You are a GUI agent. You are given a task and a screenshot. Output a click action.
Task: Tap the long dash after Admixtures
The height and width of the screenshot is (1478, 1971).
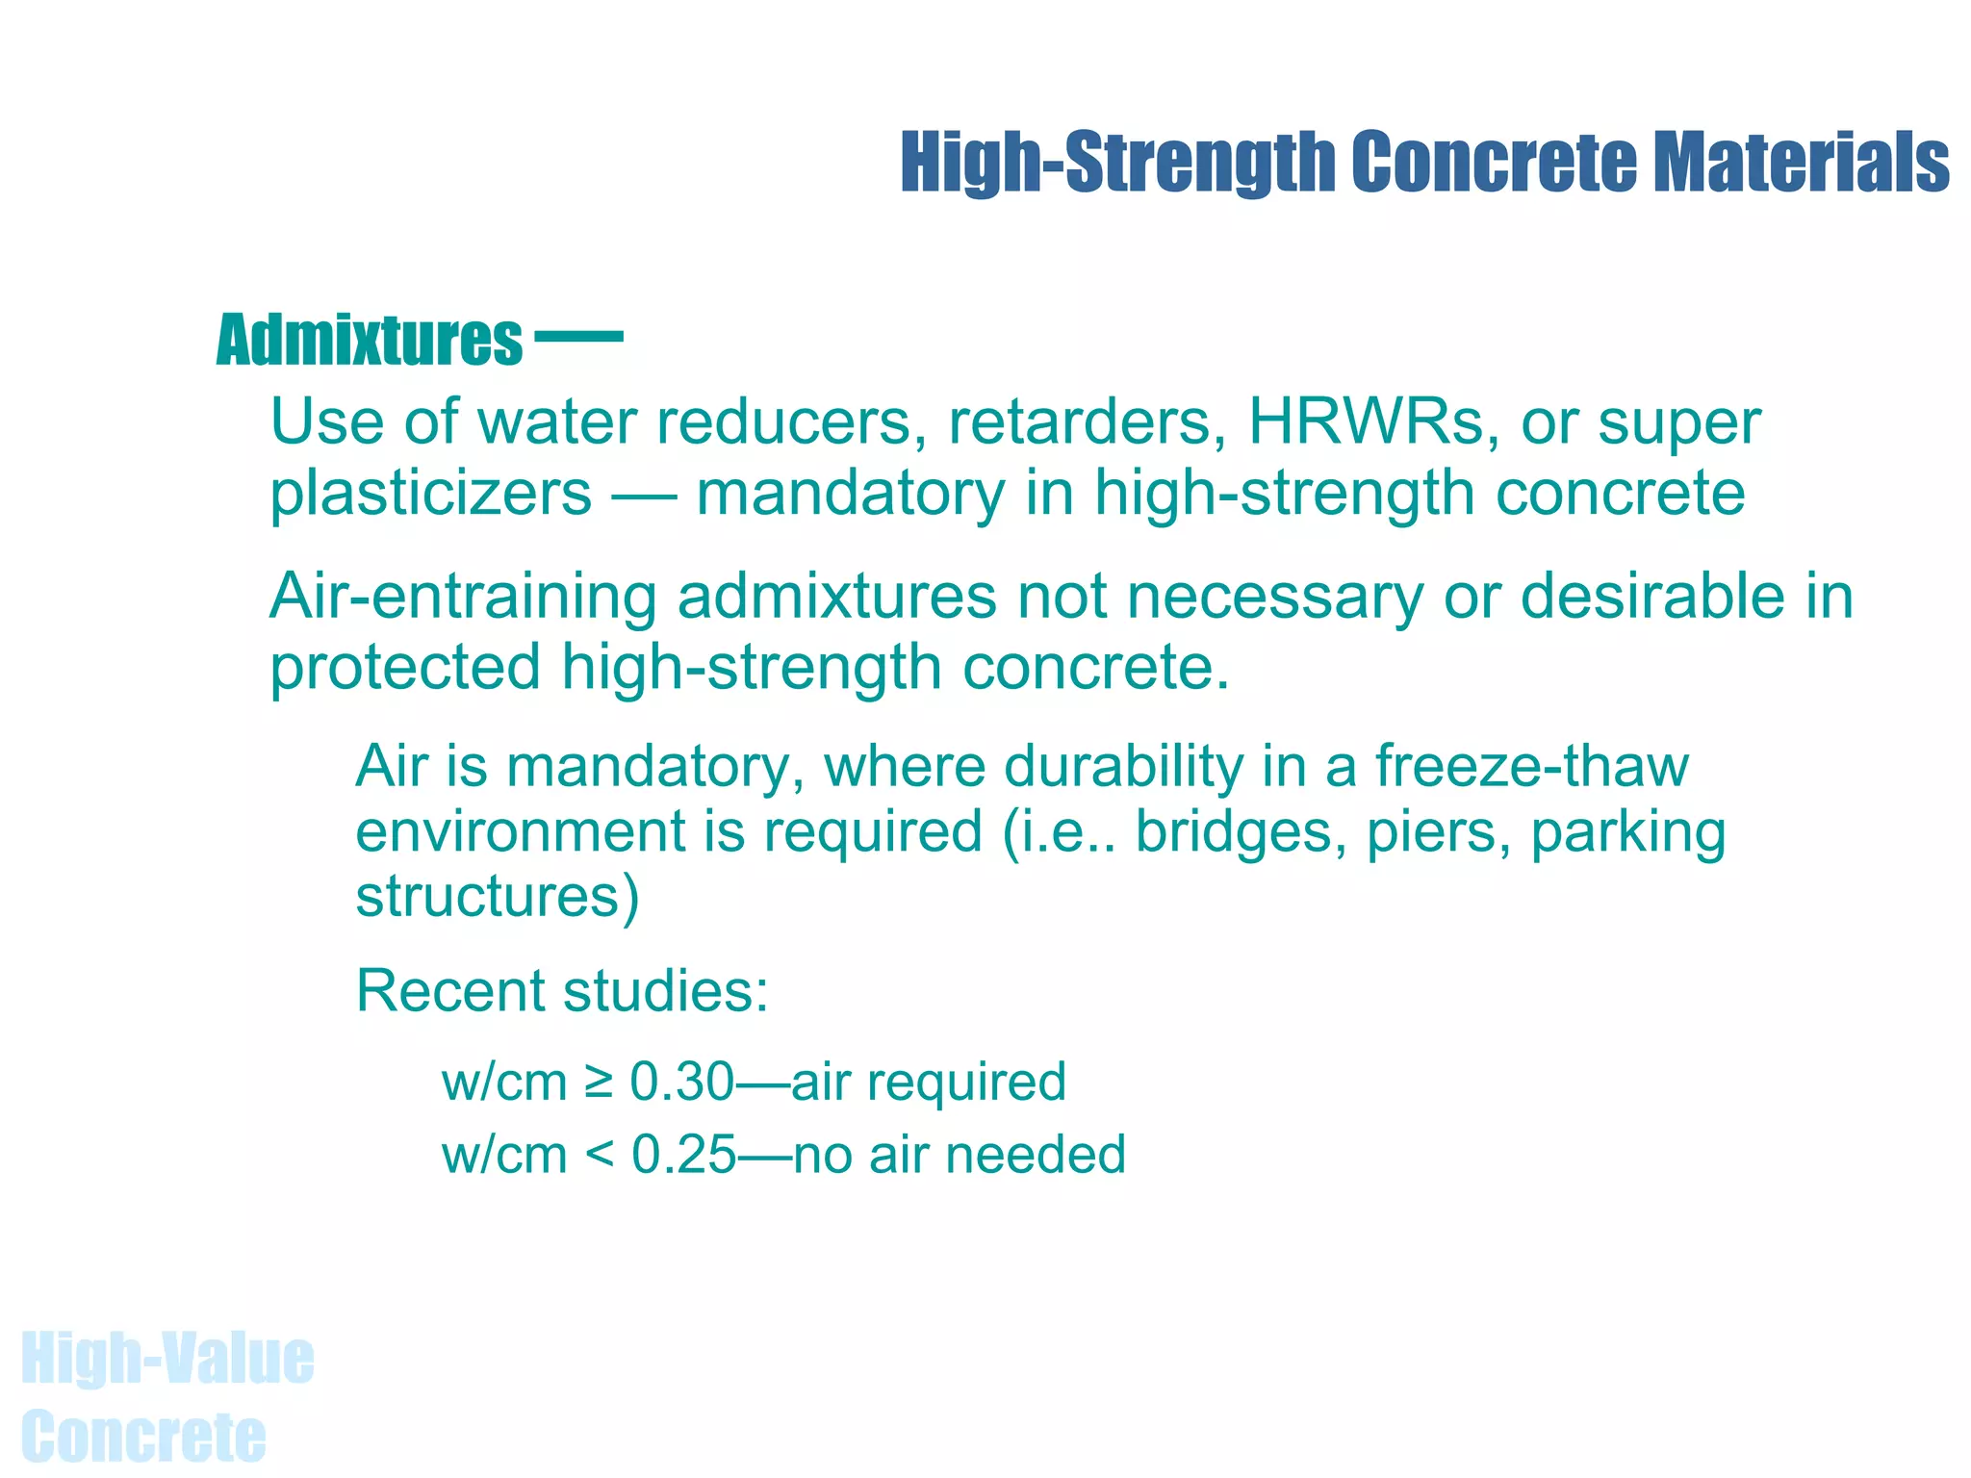click(x=578, y=337)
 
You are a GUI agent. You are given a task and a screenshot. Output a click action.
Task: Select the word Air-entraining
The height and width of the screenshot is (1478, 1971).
click(x=462, y=597)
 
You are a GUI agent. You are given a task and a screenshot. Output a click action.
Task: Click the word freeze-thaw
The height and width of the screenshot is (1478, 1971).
click(x=1531, y=767)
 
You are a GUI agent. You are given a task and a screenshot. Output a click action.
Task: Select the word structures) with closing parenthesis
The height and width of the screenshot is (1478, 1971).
click(x=498, y=897)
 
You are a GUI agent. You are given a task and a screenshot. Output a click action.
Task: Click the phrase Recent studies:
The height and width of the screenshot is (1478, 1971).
click(x=562, y=991)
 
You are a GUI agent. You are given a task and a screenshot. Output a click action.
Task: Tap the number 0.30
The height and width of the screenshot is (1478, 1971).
click(x=681, y=1082)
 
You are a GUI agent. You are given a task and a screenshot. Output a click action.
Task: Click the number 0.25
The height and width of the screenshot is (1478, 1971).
click(x=683, y=1155)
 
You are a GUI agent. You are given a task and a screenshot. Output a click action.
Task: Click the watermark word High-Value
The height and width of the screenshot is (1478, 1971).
click(x=167, y=1359)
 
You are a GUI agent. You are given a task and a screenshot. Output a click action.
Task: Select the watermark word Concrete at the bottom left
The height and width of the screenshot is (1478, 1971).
click(x=143, y=1436)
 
